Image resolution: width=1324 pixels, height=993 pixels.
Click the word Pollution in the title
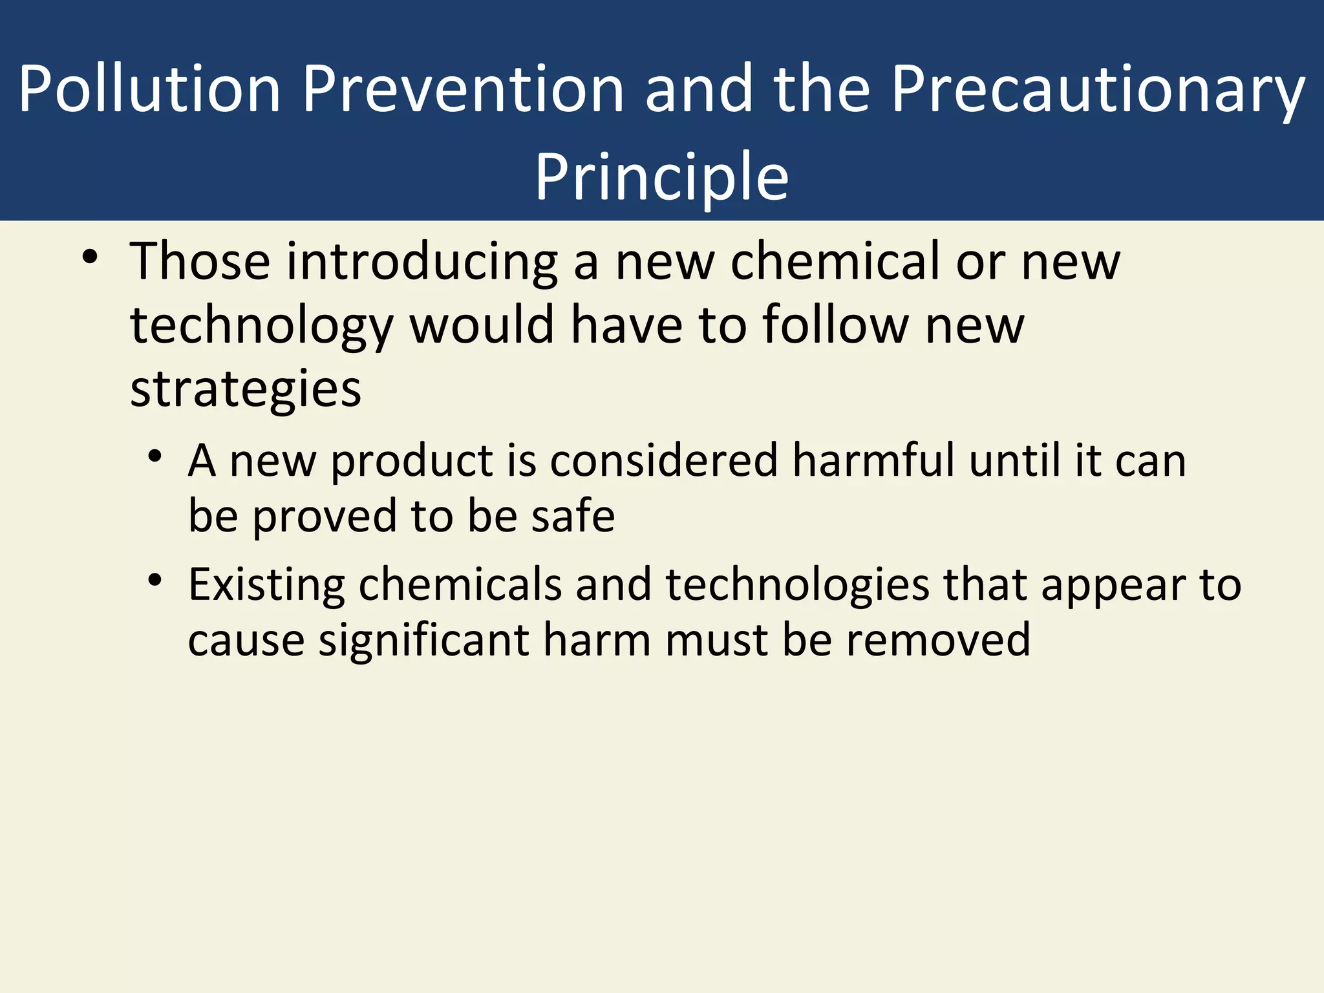(149, 89)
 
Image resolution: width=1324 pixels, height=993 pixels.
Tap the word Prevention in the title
(463, 89)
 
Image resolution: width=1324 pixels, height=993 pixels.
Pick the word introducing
(422, 262)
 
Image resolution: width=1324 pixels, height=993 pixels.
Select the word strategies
(246, 390)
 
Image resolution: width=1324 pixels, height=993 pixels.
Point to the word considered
(664, 460)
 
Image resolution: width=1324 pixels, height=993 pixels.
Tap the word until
(1015, 460)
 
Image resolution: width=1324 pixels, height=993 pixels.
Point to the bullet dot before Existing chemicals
(154, 580)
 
